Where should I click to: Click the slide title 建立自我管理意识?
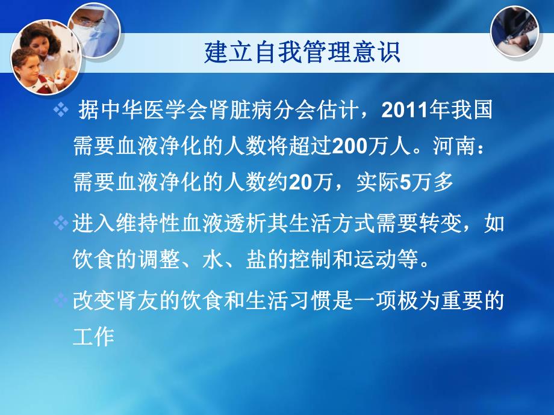[302, 53]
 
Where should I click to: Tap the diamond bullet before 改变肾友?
[61, 300]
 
